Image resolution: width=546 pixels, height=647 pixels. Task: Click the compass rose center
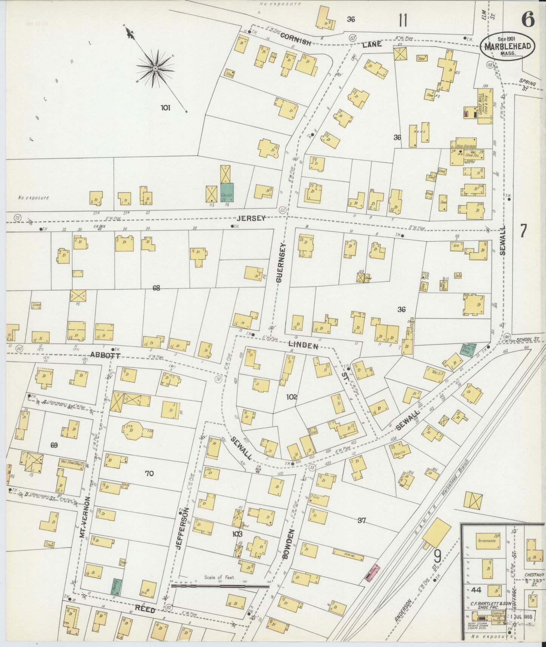155,68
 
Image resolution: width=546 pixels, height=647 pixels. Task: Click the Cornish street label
295,39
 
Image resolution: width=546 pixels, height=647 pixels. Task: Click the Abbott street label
105,355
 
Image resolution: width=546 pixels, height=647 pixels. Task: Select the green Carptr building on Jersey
227,193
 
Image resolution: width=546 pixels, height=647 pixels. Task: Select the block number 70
149,473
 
